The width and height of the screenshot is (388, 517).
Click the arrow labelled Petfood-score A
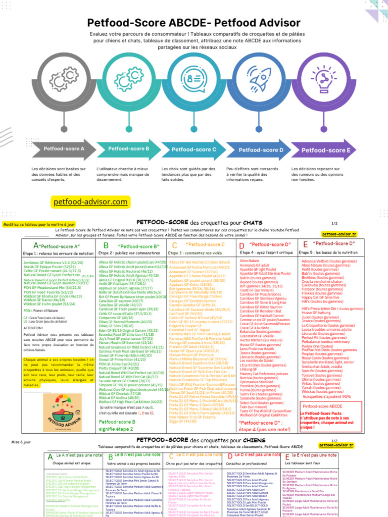point(63,149)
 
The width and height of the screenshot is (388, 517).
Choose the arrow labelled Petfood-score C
point(193,149)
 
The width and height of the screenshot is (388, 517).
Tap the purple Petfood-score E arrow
point(325,150)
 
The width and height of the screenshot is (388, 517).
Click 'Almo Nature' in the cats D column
point(250,261)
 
